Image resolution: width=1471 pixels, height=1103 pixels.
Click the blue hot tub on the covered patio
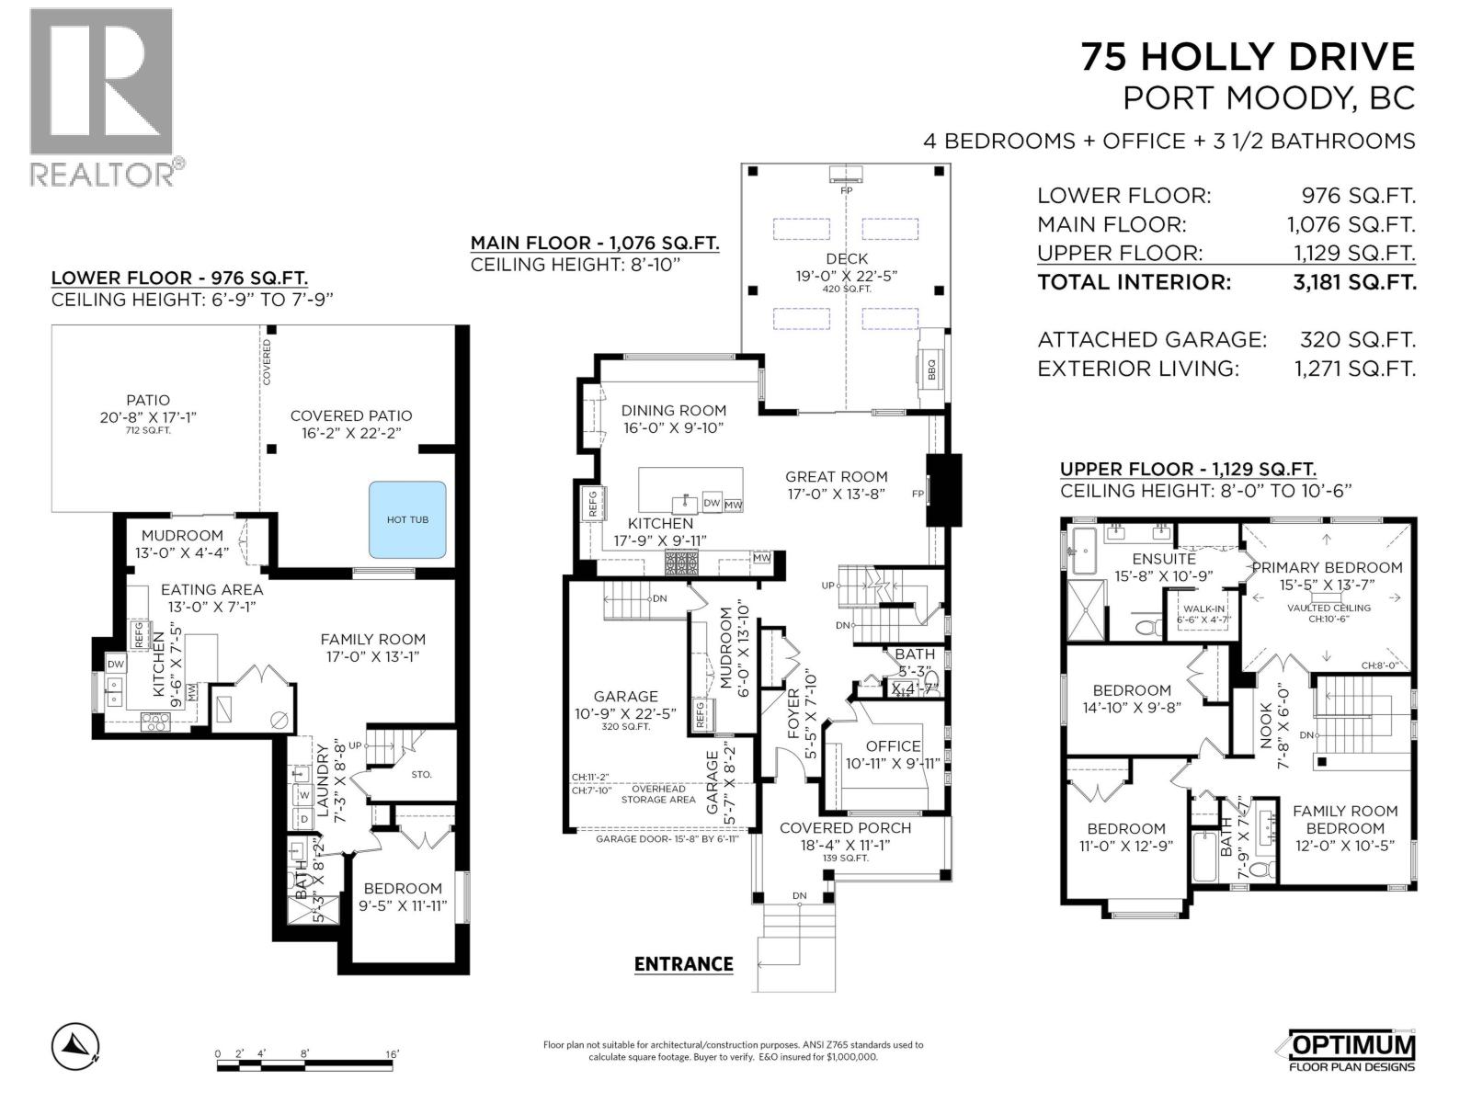[x=407, y=519]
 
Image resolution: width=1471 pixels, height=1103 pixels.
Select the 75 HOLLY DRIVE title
[x=1248, y=57]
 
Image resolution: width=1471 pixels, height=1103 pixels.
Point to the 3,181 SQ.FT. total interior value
[x=1354, y=282]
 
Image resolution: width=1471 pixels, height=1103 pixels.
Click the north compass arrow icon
[x=75, y=1045]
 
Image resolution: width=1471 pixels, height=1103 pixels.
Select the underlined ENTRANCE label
[x=683, y=963]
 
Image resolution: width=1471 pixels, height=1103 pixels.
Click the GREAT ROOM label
[x=836, y=476]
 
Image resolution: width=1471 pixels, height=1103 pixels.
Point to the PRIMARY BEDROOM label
[x=1327, y=567]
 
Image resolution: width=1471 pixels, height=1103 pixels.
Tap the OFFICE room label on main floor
[x=893, y=746]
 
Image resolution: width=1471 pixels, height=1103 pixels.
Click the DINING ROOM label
[x=673, y=410]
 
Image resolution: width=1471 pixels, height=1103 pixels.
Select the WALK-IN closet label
[x=1203, y=608]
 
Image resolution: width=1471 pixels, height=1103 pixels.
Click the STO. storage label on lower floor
[x=421, y=774]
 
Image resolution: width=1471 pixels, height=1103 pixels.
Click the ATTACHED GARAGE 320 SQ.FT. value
[x=1357, y=339]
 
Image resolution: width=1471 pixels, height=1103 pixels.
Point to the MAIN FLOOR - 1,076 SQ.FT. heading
[x=594, y=243]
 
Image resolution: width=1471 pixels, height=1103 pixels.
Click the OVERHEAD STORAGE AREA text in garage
[x=657, y=794]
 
